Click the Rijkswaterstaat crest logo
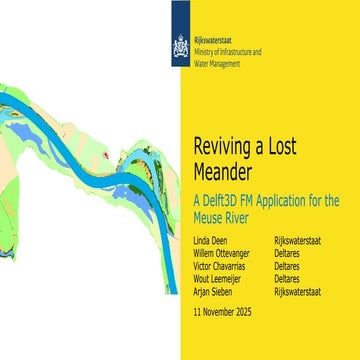click(180, 47)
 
